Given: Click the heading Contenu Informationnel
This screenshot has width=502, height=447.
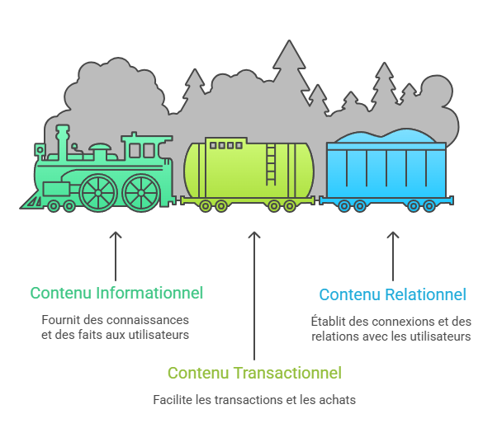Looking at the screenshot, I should click(116, 293).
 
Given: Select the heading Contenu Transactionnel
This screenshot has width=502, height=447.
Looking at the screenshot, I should click(254, 373).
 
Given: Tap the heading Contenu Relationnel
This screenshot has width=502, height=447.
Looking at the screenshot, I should click(392, 294).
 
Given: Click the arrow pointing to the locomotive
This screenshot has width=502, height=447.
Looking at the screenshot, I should click(116, 256).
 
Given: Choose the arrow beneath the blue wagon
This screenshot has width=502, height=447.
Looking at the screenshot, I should click(393, 256).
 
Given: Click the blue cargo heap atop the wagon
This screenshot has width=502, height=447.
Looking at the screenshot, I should click(386, 136).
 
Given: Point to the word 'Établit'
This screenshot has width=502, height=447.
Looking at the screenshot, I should click(327, 321).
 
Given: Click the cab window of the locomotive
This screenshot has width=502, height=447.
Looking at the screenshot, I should click(141, 150).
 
